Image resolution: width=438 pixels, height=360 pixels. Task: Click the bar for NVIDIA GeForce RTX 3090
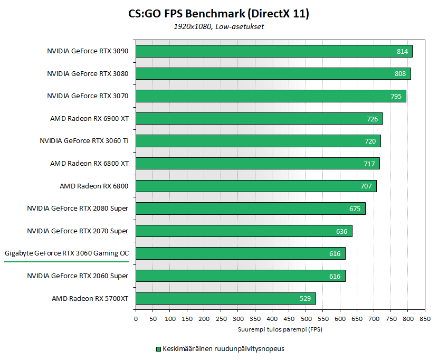tap(274, 51)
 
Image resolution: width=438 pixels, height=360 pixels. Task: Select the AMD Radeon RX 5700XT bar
tap(225, 298)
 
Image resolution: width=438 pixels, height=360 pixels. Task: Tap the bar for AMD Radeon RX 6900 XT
tap(259, 119)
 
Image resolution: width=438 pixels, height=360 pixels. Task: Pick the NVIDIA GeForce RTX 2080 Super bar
tap(250, 209)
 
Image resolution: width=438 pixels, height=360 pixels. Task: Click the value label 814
tap(403, 52)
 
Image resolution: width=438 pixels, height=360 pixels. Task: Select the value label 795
tap(396, 97)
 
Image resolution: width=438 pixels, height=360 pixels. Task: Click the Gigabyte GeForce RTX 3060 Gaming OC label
tap(66, 253)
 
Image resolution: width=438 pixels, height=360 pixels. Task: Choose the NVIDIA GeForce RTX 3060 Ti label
tap(84, 141)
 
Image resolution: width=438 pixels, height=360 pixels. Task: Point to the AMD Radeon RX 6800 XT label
tap(89, 164)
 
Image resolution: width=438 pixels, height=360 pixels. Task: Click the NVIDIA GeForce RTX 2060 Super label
tap(78, 276)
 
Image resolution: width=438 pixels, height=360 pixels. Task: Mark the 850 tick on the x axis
tap(425, 319)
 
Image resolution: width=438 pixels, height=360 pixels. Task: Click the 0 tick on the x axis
tap(136, 319)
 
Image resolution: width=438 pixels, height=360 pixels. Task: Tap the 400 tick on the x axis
tap(272, 319)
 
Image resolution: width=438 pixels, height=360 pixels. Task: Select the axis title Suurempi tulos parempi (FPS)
tap(280, 329)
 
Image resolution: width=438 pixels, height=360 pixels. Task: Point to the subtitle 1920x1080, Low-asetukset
tap(219, 27)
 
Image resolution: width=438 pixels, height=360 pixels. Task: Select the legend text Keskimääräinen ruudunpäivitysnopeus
tap(223, 349)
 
